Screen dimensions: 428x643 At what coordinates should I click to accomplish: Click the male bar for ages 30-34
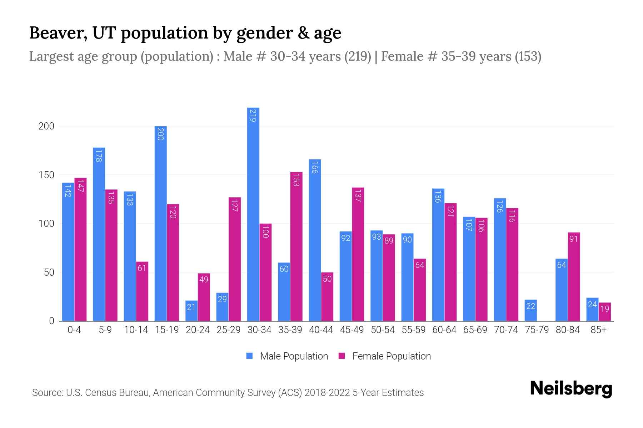pos(253,214)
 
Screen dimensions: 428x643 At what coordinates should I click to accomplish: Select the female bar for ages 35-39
pos(296,246)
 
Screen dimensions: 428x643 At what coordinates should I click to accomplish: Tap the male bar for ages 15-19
pos(160,223)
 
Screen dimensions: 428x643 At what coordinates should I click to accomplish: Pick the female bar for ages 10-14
pos(142,291)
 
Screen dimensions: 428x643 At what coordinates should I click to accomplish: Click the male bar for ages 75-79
pos(530,310)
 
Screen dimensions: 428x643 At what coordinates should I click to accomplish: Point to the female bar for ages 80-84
pos(574,276)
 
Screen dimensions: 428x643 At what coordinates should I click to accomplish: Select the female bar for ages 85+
pos(604,312)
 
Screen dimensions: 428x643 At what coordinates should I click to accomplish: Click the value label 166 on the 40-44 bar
pos(314,168)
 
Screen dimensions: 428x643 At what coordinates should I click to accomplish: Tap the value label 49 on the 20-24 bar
pos(204,280)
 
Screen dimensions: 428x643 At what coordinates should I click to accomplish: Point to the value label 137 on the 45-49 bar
pos(358,196)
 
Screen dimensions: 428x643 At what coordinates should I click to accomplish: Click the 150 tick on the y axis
pos(46,175)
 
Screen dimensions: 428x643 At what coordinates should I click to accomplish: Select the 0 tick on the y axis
pos(51,321)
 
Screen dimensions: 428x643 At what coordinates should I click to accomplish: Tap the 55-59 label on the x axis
pos(413,330)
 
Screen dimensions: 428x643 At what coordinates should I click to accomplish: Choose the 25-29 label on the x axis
pos(228,330)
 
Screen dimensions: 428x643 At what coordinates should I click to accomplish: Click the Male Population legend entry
pos(287,356)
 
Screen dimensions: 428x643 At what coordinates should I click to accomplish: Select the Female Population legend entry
pos(385,356)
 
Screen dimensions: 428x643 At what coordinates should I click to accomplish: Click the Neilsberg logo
pos(571,389)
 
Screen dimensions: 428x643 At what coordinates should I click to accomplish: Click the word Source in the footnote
pos(48,393)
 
